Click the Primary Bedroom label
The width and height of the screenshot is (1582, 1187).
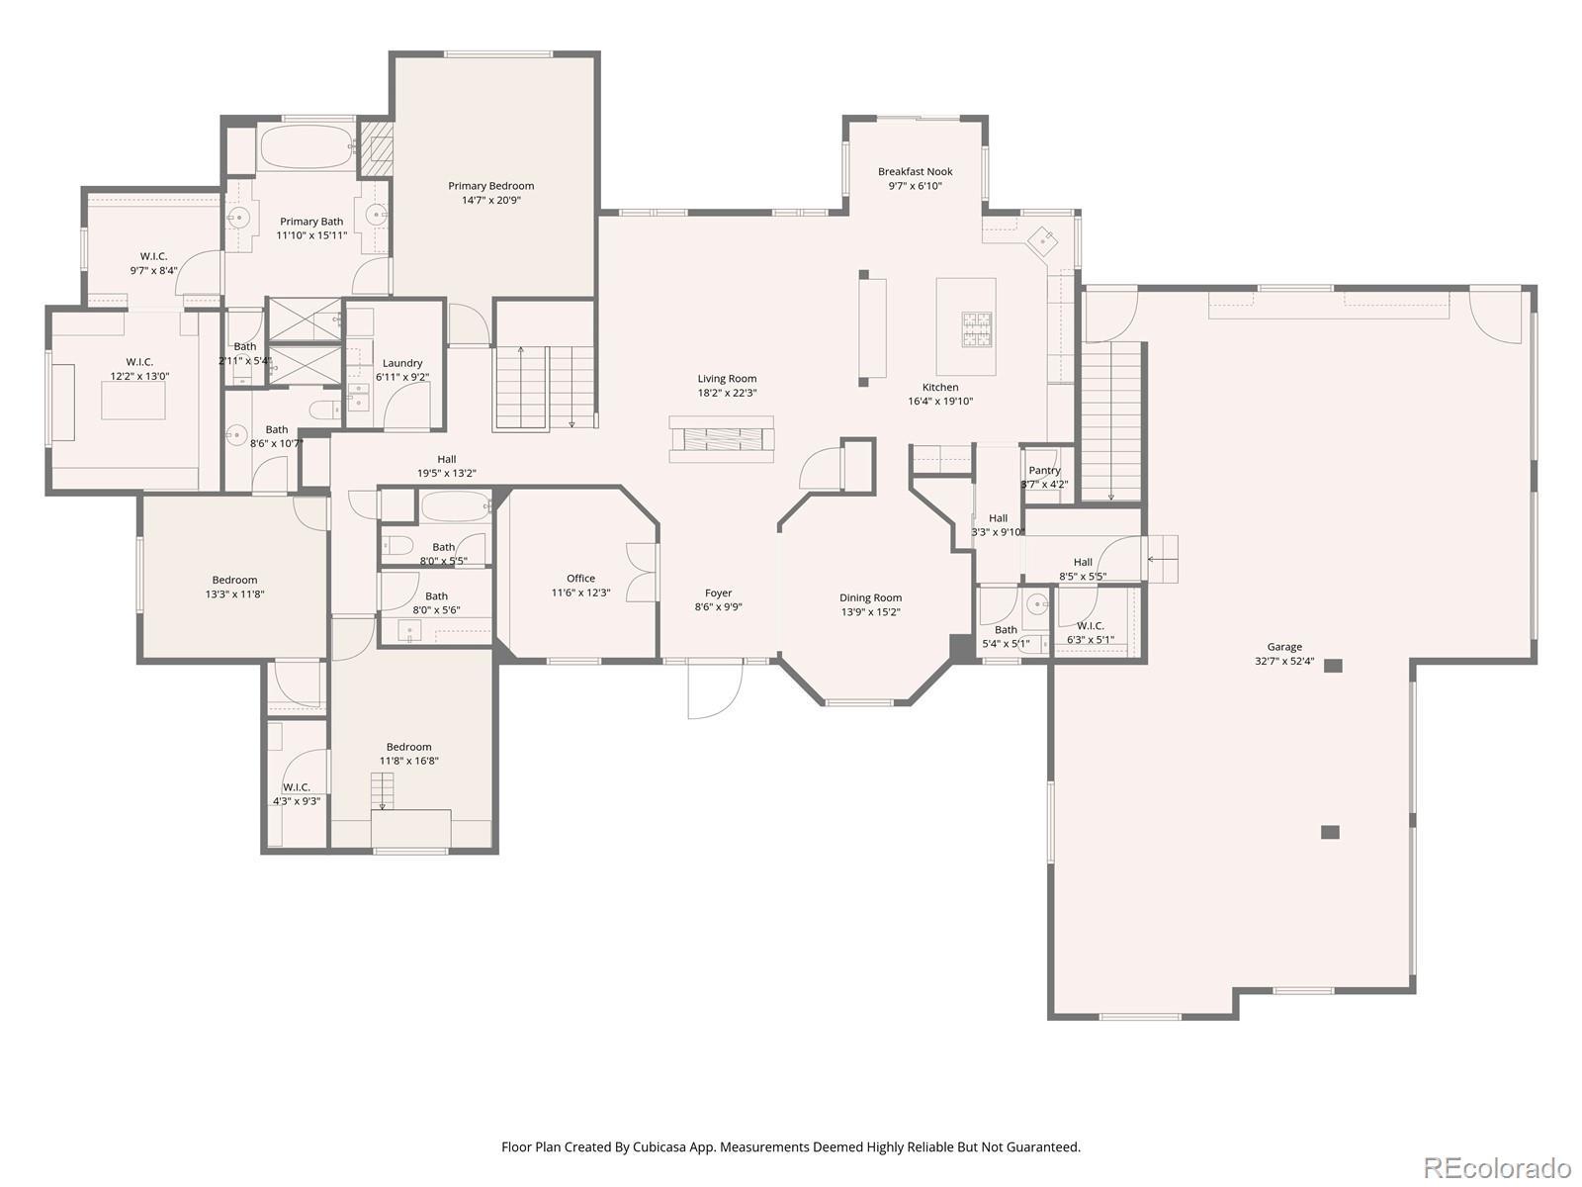click(x=490, y=186)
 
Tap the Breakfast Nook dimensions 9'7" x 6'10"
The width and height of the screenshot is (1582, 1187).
click(x=915, y=186)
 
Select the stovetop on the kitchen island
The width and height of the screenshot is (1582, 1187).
click(x=977, y=329)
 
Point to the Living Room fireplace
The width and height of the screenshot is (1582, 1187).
click(x=721, y=438)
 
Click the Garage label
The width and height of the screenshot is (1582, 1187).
click(x=1284, y=647)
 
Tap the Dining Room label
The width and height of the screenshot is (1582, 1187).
click(x=871, y=597)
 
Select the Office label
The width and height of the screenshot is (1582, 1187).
click(x=581, y=578)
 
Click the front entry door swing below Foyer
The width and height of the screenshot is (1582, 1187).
click(x=715, y=690)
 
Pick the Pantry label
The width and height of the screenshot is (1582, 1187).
click(x=1044, y=470)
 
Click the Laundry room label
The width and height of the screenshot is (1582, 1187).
click(x=402, y=363)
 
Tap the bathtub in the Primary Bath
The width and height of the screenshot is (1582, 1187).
click(x=308, y=147)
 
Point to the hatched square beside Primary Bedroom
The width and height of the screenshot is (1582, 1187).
click(x=377, y=147)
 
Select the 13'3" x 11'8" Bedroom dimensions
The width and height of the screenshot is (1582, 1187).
click(x=235, y=594)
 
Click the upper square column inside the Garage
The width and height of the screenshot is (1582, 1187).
click(x=1334, y=666)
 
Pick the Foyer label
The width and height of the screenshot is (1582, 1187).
click(x=719, y=593)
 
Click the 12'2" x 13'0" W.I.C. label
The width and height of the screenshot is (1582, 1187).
click(x=139, y=362)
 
